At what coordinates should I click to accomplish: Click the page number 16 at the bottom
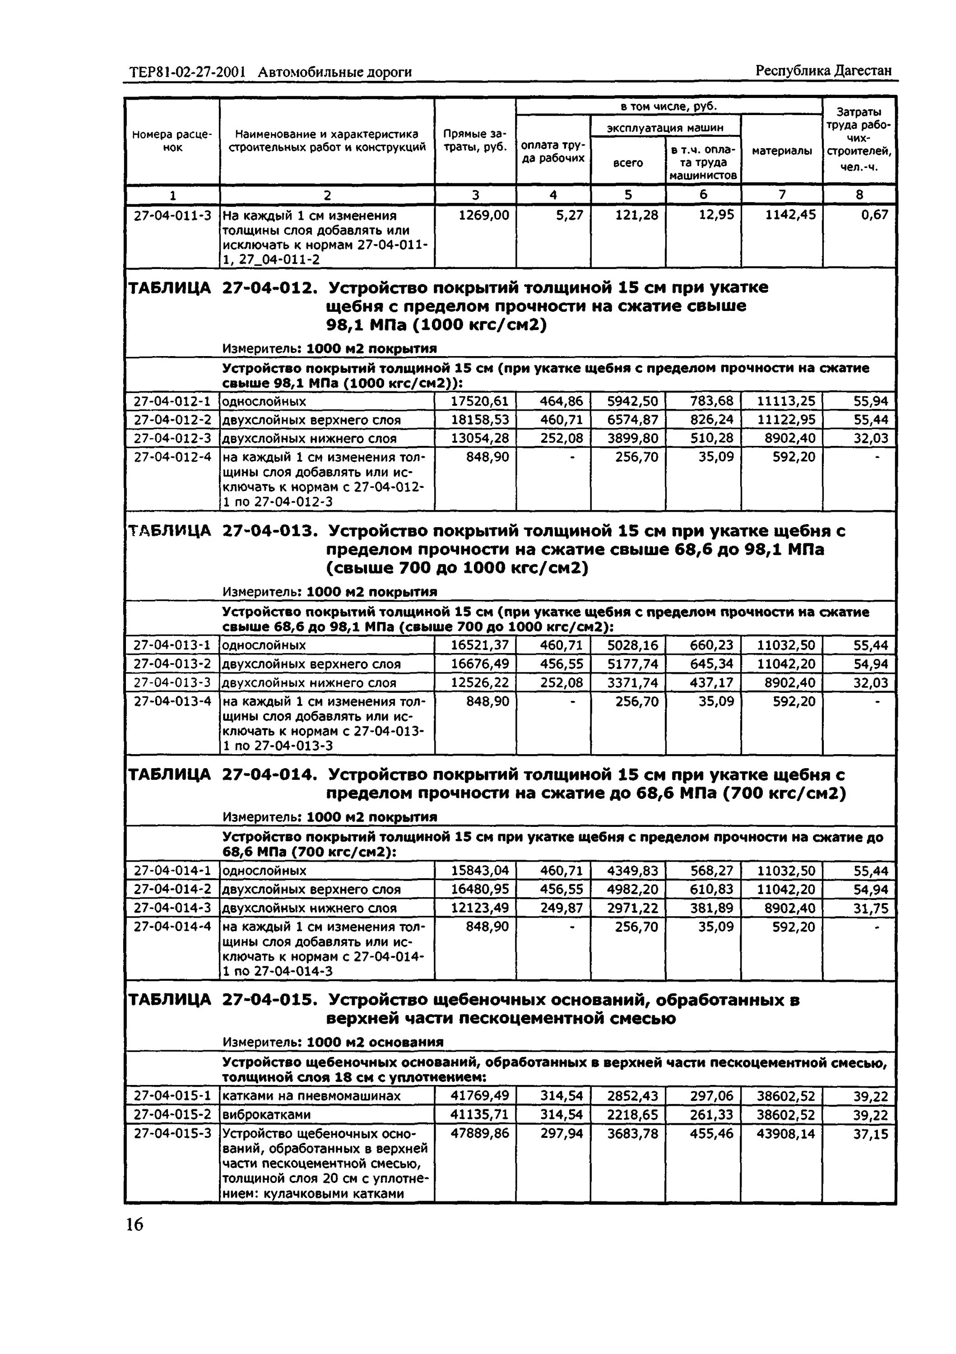(x=135, y=1225)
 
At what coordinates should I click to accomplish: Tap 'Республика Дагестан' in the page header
(x=823, y=71)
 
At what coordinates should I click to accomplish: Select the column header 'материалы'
(x=781, y=151)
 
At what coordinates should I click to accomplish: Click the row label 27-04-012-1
(x=172, y=402)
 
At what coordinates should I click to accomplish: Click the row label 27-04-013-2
(x=172, y=664)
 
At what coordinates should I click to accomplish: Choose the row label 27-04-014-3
(x=172, y=908)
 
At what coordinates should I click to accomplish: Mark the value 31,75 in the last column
(x=871, y=908)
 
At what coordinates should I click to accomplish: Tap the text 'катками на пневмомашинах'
(x=311, y=1096)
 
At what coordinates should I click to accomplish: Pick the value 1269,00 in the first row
(x=483, y=215)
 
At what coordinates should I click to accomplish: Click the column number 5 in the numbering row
(x=628, y=195)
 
